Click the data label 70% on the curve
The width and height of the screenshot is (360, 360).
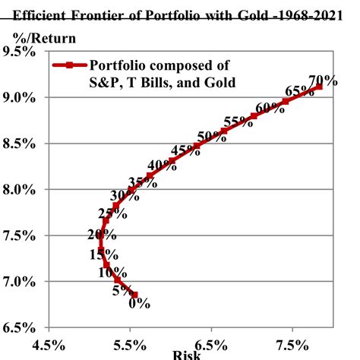click(323, 81)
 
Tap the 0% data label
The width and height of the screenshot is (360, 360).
click(139, 303)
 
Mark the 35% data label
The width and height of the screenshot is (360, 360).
click(142, 182)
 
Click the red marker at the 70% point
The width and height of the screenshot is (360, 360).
click(319, 87)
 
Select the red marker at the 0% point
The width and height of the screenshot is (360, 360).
click(134, 295)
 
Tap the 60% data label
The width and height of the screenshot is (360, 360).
click(270, 107)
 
